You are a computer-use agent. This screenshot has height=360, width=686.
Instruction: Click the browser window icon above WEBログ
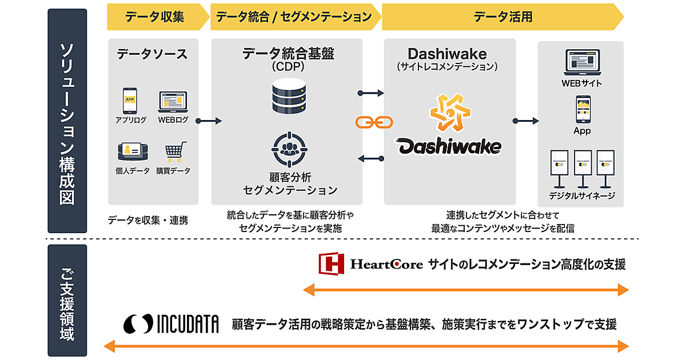pyautogui.click(x=173, y=102)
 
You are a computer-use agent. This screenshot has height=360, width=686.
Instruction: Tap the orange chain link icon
pyautogui.click(x=372, y=122)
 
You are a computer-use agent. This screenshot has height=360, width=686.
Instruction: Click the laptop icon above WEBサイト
pyautogui.click(x=581, y=63)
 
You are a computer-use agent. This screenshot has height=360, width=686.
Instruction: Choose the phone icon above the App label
pyautogui.click(x=582, y=109)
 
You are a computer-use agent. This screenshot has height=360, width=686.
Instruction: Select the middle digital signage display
pyautogui.click(x=582, y=167)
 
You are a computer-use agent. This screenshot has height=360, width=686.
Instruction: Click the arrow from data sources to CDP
pyautogui.click(x=208, y=121)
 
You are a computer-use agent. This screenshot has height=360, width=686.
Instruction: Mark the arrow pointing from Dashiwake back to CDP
pyautogui.click(x=372, y=158)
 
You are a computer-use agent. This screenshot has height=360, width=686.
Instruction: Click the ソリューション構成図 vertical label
pyautogui.click(x=67, y=121)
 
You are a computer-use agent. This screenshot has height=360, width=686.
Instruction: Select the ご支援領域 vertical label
pyautogui.click(x=67, y=301)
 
